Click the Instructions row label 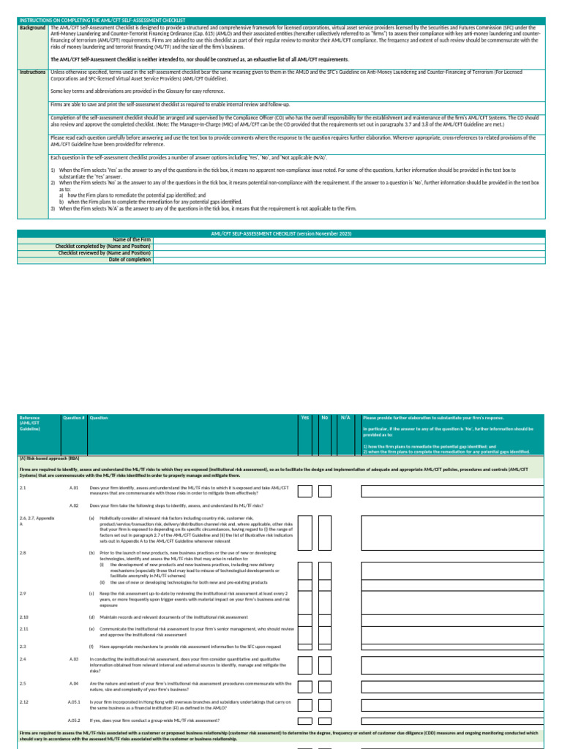34,72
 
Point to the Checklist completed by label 103,246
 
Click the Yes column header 305,418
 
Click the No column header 325,418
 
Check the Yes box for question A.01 305,491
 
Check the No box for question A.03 325,664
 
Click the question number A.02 74,505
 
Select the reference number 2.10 24,617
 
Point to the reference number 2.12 24,702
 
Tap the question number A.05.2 75,720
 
